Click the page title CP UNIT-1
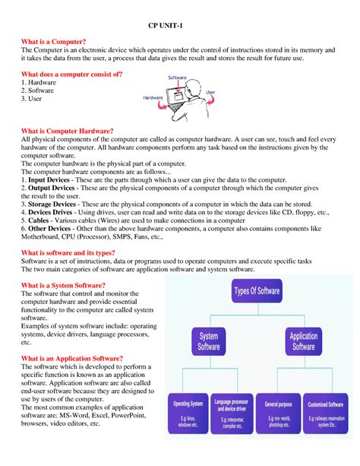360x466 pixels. coord(179,27)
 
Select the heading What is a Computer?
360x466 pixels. coord(53,40)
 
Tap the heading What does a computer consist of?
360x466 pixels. coord(71,74)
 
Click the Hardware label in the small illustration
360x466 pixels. coord(156,98)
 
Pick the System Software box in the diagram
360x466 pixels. coord(208,341)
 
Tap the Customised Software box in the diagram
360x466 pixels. coord(330,411)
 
